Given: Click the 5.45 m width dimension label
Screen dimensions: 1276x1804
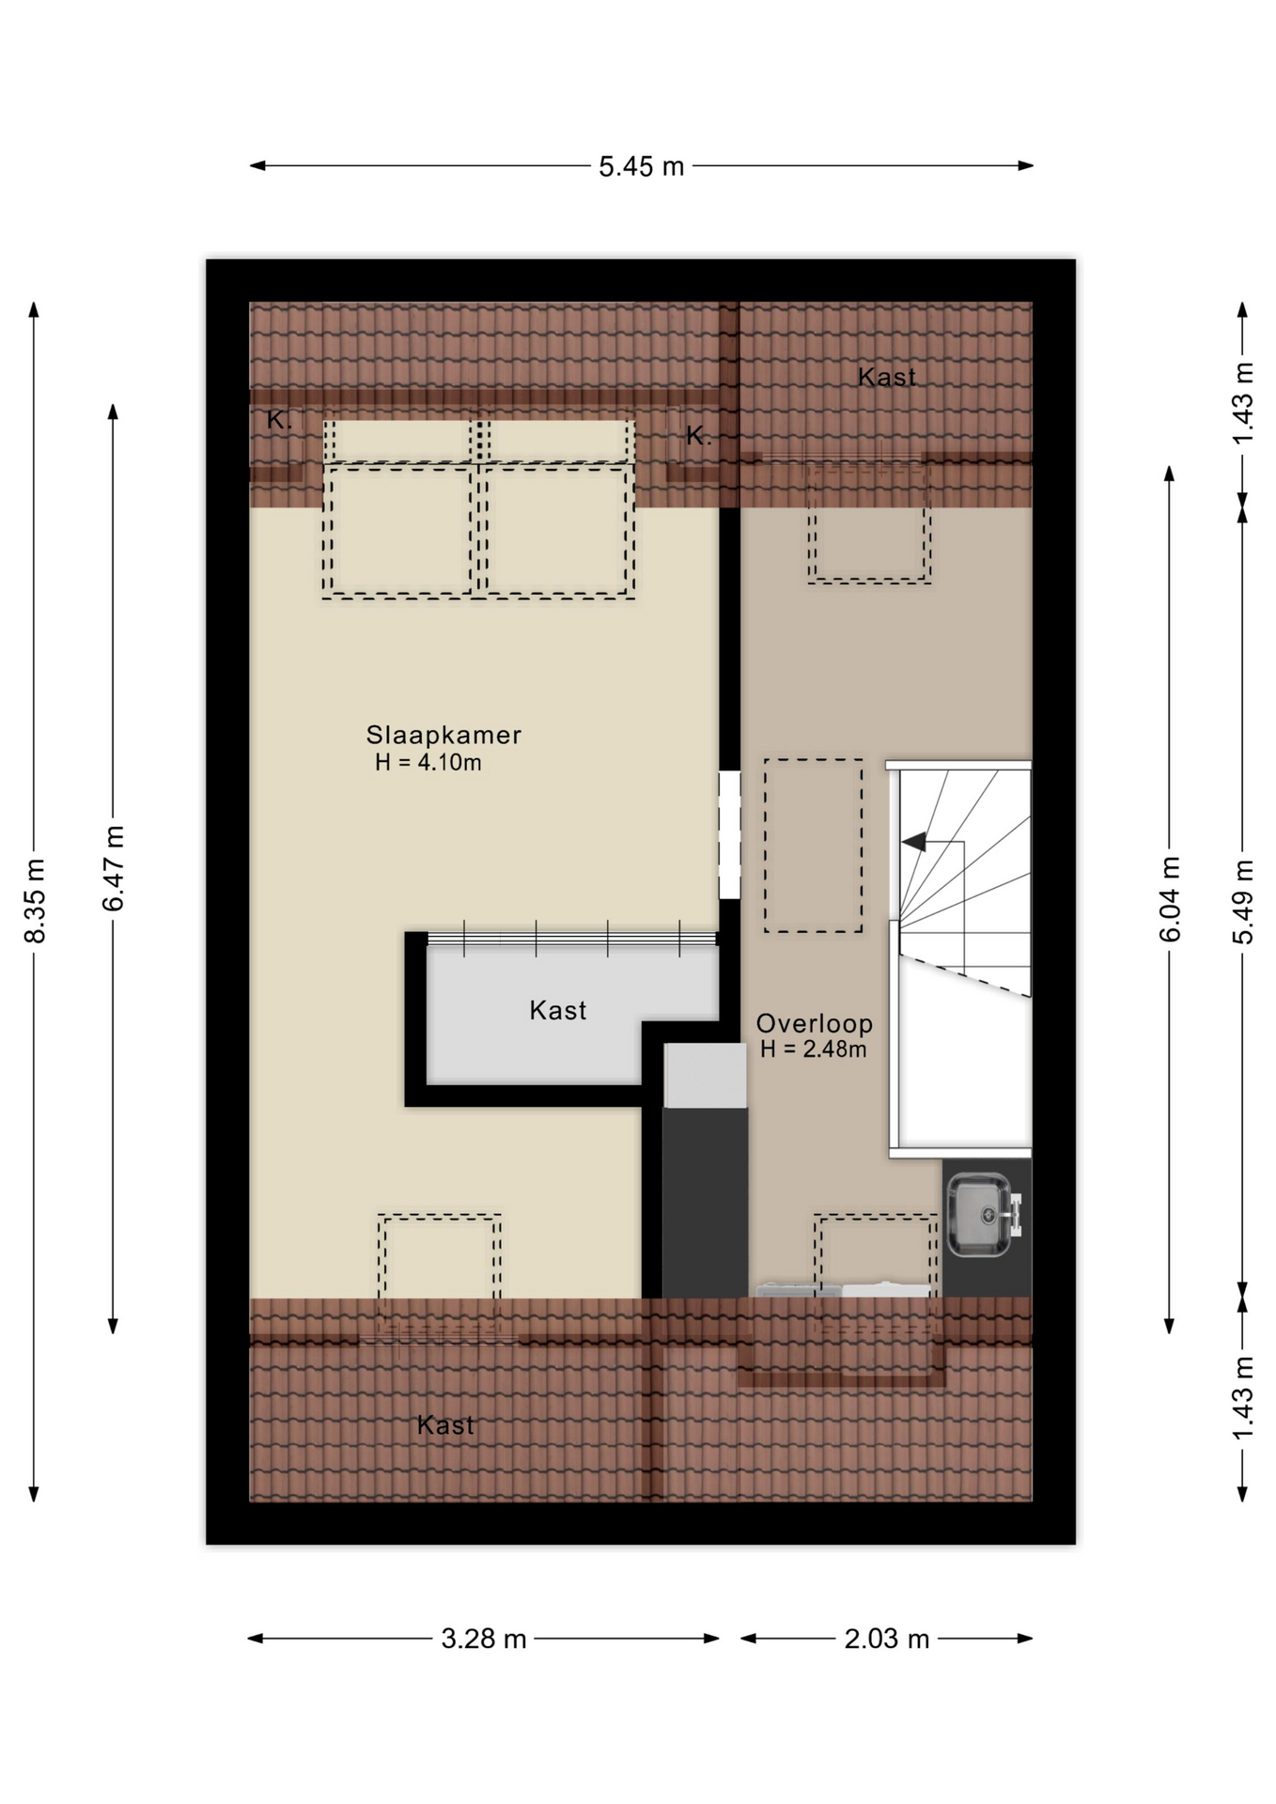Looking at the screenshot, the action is [x=642, y=166].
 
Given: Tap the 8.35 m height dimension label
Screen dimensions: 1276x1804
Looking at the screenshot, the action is [x=35, y=900].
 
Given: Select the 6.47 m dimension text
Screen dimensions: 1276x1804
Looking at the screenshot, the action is [x=114, y=868].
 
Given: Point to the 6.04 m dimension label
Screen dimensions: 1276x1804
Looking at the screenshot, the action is [x=1170, y=898].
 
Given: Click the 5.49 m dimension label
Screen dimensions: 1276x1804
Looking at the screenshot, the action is [x=1243, y=902].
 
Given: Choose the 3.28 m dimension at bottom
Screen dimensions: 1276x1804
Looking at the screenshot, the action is [x=484, y=1639].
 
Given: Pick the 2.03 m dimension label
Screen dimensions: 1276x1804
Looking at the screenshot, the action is [x=887, y=1639].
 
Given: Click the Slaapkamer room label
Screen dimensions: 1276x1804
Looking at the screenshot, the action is [x=443, y=735].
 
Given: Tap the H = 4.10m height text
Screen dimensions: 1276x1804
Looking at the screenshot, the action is [x=428, y=762].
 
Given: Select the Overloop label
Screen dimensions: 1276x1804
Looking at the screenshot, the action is [x=815, y=1023].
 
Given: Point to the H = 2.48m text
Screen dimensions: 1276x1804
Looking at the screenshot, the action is [x=814, y=1050].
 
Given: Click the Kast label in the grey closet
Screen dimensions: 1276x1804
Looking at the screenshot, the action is [x=558, y=1010].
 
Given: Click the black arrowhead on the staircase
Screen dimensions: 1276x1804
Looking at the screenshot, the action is [x=914, y=842].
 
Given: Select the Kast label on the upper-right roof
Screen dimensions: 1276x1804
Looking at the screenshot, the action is [x=887, y=377].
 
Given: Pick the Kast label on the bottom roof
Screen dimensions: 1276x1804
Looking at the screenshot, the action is [x=445, y=1425].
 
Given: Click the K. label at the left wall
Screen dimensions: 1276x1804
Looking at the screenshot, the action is [x=279, y=420].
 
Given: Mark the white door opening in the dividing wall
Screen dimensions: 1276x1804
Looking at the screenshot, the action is [x=729, y=834].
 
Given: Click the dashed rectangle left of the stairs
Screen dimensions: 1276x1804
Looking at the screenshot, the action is [x=814, y=846].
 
